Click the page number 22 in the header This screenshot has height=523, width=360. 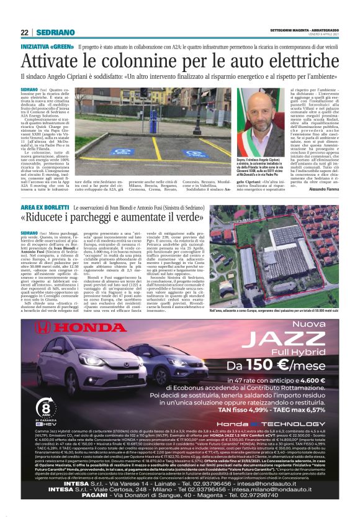pos(24,32)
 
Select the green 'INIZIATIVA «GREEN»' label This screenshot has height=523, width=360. pos(47,47)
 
